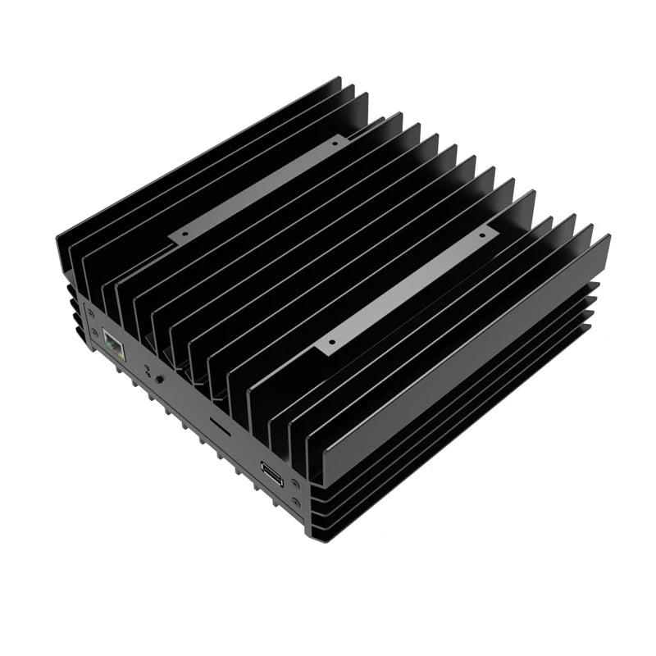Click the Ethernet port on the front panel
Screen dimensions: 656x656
pyautogui.click(x=114, y=347)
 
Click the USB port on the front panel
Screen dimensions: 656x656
pyautogui.click(x=271, y=473)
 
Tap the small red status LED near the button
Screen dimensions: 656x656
pyautogui.click(x=148, y=373)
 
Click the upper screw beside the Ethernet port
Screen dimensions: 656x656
pyautogui.click(x=90, y=312)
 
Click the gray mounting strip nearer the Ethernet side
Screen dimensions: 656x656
pyautogui.click(x=259, y=188)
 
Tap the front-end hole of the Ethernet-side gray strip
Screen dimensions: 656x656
pyautogui.click(x=184, y=234)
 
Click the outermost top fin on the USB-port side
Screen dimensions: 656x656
pyautogui.click(x=467, y=361)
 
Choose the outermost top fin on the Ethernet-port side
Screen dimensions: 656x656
pyautogui.click(x=197, y=156)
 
